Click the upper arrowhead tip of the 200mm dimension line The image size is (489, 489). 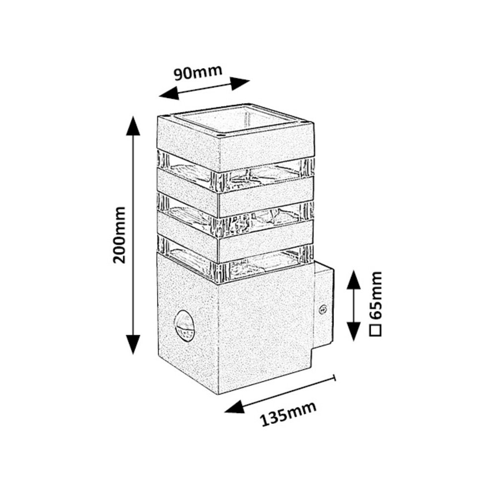(x=133, y=116)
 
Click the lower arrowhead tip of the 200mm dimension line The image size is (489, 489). (x=133, y=355)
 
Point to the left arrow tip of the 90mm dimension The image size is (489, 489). (x=159, y=96)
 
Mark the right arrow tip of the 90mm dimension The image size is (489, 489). (x=250, y=81)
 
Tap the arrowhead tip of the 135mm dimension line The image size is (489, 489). (x=224, y=412)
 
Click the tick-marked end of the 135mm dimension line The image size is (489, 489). (x=334, y=378)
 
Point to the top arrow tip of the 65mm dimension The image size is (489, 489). (x=354, y=270)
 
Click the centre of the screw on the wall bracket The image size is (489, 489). (x=323, y=310)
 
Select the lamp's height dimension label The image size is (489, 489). (x=119, y=235)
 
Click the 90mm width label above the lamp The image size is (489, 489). (x=198, y=73)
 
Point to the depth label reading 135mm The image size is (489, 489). (x=288, y=414)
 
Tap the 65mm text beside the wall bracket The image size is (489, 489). (x=375, y=295)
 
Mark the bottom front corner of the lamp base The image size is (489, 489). (x=219, y=394)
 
